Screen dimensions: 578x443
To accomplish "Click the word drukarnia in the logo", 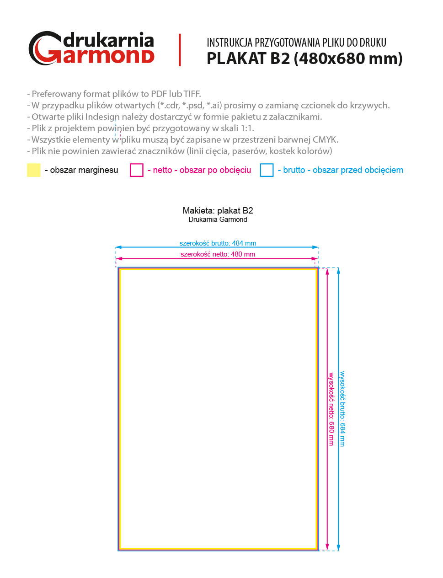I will (x=108, y=40).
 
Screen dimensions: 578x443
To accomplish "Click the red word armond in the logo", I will (x=108, y=56).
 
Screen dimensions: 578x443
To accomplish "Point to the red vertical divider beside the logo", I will (x=180, y=50).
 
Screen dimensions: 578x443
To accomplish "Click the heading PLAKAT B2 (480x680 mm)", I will (x=304, y=59).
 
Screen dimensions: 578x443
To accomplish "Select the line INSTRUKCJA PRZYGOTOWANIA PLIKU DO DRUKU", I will (x=296, y=43).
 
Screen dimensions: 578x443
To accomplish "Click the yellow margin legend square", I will (x=34, y=170).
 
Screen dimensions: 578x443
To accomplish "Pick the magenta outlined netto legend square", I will (x=137, y=170).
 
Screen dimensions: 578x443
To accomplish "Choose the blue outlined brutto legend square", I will (x=267, y=170).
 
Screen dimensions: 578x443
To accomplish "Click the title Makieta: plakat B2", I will (x=218, y=210).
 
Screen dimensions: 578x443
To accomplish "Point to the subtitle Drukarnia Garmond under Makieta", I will (x=218, y=219).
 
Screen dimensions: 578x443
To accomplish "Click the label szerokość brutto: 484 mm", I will (x=218, y=243).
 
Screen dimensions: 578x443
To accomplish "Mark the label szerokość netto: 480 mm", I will (x=218, y=254).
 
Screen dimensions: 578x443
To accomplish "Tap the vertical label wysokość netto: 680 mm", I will (x=331, y=409).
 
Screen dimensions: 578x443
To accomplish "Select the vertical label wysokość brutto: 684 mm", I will (x=342, y=409).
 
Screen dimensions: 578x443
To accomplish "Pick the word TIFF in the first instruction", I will (x=192, y=94).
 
